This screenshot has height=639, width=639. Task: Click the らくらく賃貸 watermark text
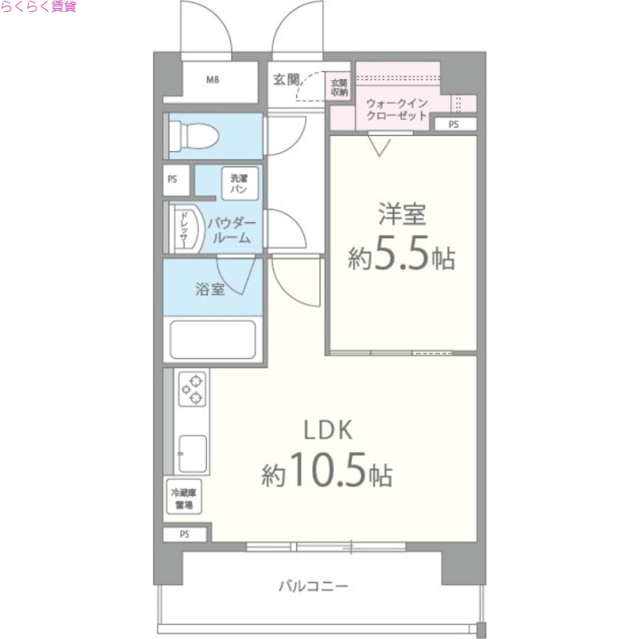38,7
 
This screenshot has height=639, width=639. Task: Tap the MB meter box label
213,80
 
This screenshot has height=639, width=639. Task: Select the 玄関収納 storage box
339,87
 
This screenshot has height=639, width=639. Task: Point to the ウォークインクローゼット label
397,109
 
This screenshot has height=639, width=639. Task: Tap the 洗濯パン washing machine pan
239,185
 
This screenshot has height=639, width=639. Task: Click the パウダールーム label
232,231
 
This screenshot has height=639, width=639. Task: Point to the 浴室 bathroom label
210,289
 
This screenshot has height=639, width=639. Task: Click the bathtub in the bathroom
212,340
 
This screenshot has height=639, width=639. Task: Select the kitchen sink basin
192,454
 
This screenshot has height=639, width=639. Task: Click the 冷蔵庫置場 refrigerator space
185,499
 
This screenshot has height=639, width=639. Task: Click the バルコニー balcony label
313,586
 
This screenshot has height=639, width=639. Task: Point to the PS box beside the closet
454,124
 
